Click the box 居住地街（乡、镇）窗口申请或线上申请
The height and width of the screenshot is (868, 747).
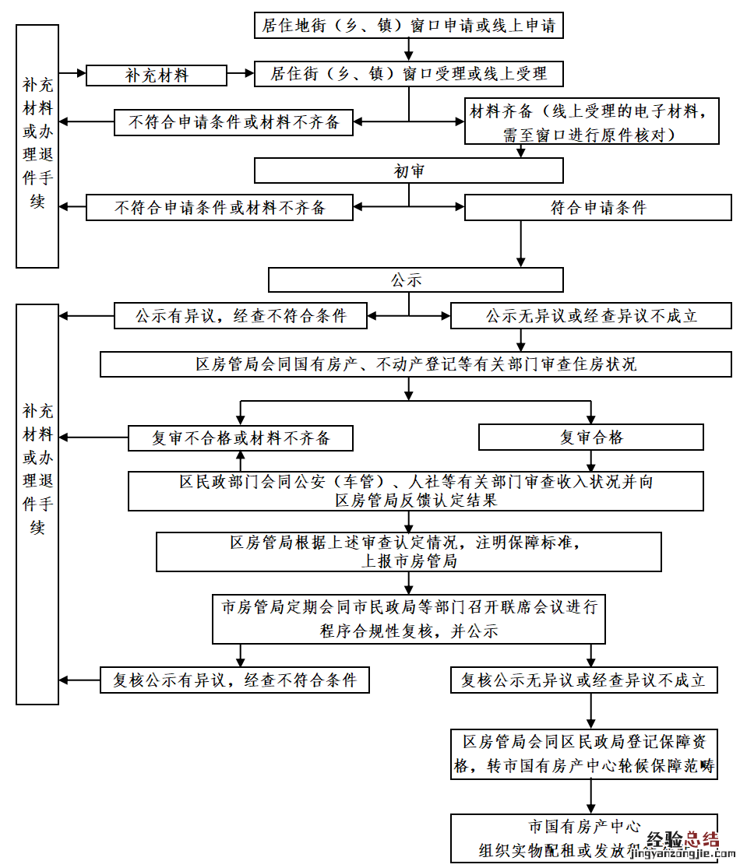point(408,25)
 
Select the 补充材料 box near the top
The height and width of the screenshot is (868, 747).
point(157,76)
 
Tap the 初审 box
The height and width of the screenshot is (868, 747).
point(408,170)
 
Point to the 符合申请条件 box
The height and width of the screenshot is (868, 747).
point(597,208)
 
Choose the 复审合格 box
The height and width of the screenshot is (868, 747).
point(590,438)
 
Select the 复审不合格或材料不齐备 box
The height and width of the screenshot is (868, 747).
point(241,438)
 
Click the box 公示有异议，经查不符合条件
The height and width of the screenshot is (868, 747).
point(241,316)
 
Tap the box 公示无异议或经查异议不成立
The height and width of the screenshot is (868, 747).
point(590,316)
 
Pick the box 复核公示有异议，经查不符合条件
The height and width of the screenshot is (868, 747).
point(234,680)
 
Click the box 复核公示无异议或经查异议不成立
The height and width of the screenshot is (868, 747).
point(583,680)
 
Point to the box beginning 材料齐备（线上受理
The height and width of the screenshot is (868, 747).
point(591,121)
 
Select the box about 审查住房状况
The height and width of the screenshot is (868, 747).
point(415,364)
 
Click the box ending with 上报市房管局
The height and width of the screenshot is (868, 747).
point(408,552)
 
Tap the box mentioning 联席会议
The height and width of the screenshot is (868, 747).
point(408,619)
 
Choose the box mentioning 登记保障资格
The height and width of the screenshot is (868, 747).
point(583,754)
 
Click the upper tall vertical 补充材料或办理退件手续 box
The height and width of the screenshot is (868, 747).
point(37,146)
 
